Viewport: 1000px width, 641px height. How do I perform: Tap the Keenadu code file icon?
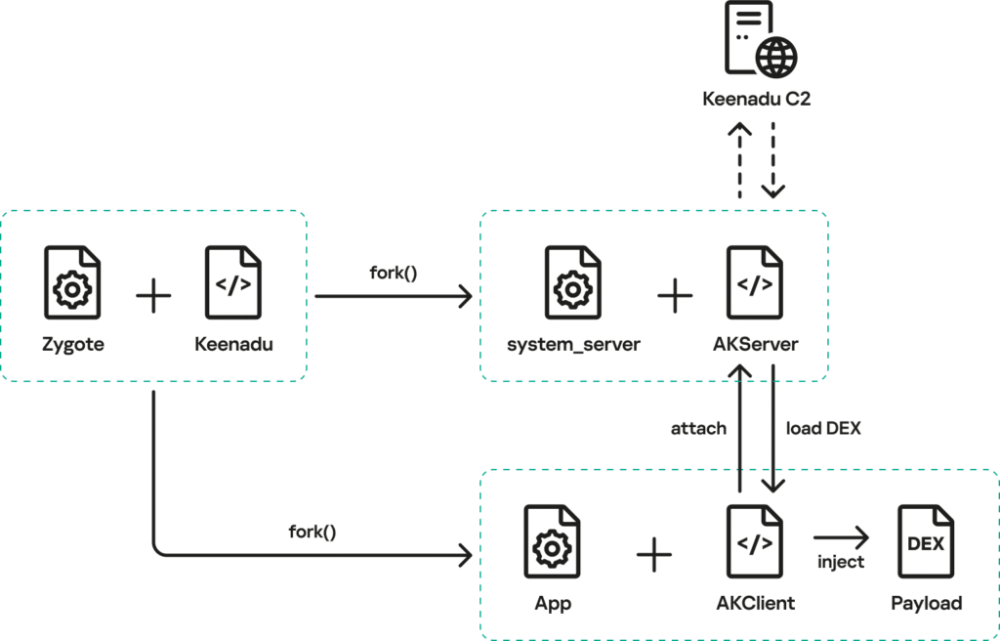click(x=233, y=284)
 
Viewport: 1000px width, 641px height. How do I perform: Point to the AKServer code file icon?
click(x=755, y=284)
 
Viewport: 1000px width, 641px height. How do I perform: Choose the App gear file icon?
click(x=552, y=543)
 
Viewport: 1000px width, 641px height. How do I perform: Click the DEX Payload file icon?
click(x=926, y=543)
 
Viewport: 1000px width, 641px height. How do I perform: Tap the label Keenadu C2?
click(x=756, y=100)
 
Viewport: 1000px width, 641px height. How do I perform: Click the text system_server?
click(x=573, y=345)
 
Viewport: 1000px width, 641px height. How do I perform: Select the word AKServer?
click(x=756, y=345)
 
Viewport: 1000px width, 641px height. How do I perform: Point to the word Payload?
click(x=926, y=603)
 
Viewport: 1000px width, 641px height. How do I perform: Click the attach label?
click(x=698, y=429)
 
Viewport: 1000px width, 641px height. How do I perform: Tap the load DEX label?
click(x=823, y=429)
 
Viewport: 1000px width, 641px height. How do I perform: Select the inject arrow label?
click(x=841, y=563)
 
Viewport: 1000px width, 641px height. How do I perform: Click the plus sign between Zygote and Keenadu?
click(x=153, y=295)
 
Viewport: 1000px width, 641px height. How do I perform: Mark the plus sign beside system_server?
click(x=674, y=295)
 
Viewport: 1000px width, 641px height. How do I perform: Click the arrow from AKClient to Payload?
click(x=841, y=536)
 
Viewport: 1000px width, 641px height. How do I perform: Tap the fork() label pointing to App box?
click(x=312, y=533)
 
